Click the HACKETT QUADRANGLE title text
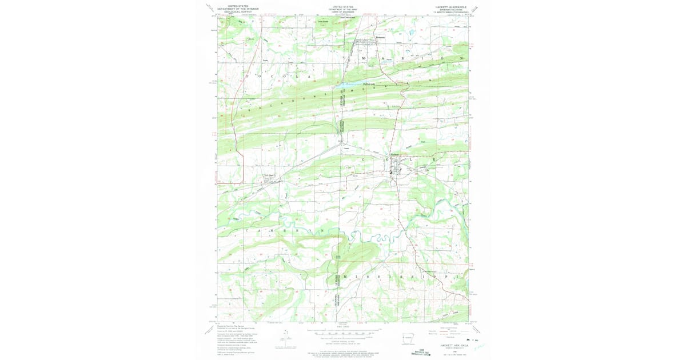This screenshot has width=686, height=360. [451, 7]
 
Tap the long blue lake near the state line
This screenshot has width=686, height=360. [360, 83]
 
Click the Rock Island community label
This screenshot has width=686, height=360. [269, 175]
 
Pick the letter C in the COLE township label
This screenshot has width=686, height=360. [363, 159]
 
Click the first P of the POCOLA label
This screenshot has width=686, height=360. [247, 75]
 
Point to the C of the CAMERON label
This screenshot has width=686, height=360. [247, 230]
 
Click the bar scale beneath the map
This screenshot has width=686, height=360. [343, 332]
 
